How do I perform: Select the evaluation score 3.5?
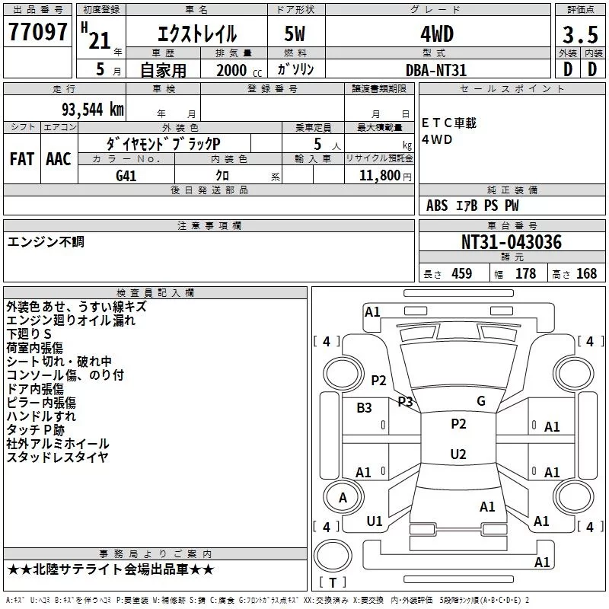pyautogui.click(x=580, y=34)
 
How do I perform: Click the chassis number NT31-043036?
pyautogui.click(x=512, y=242)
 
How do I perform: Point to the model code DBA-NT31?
pyautogui.click(x=436, y=70)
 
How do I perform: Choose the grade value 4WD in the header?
pyautogui.click(x=436, y=34)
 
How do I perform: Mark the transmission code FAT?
pyautogui.click(x=22, y=158)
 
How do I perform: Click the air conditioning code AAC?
pyautogui.click(x=59, y=158)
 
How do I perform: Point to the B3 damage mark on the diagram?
pyautogui.click(x=364, y=408)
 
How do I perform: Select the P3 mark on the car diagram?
pyautogui.click(x=405, y=401)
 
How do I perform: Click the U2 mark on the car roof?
pyautogui.click(x=458, y=454)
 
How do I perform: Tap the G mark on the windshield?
pyautogui.click(x=480, y=401)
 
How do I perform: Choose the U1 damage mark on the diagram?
pyautogui.click(x=375, y=521)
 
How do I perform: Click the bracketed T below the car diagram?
pyautogui.click(x=333, y=583)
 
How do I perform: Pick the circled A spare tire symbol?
pyautogui.click(x=343, y=497)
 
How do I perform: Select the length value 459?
pyautogui.click(x=461, y=274)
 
